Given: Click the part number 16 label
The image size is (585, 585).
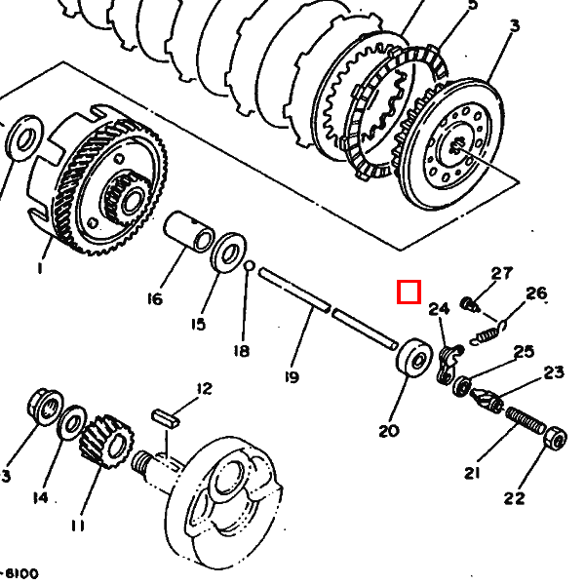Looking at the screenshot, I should click(x=154, y=299).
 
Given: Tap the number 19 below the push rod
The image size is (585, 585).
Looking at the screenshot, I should click(x=292, y=377).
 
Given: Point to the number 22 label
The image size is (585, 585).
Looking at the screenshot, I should click(x=514, y=498).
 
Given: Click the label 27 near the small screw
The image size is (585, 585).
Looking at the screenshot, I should click(x=501, y=273).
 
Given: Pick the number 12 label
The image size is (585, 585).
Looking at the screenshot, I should click(x=202, y=389).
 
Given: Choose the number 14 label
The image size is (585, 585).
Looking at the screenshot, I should click(x=39, y=497).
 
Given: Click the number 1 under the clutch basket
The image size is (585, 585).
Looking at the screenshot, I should click(x=41, y=266).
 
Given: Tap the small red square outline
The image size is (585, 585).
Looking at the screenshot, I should click(x=409, y=292).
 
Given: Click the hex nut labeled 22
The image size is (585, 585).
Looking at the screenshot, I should click(x=554, y=440).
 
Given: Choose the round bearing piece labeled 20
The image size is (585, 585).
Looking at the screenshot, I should click(x=413, y=356).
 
